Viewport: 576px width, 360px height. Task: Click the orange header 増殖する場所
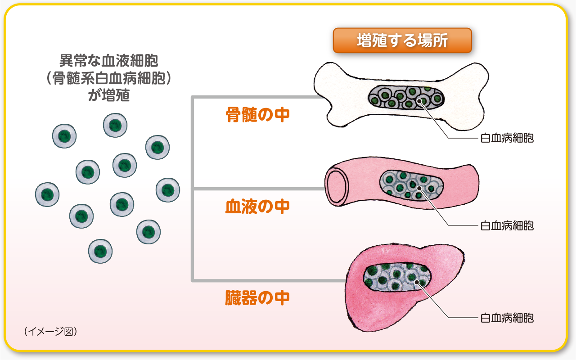(402, 40)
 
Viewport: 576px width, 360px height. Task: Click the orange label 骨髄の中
(257, 115)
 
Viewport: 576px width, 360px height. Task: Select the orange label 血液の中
(257, 207)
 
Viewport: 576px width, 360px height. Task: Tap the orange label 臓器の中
(257, 298)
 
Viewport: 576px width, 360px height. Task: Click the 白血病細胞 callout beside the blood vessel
(507, 225)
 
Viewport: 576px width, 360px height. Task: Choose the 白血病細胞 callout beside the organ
(507, 318)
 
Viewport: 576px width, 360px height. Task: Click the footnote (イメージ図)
(51, 331)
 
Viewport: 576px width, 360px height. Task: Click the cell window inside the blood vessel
(411, 185)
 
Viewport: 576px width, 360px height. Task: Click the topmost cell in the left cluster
(115, 125)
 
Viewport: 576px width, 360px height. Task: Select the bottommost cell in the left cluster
(100, 251)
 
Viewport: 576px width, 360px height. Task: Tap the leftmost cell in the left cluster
(47, 194)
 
